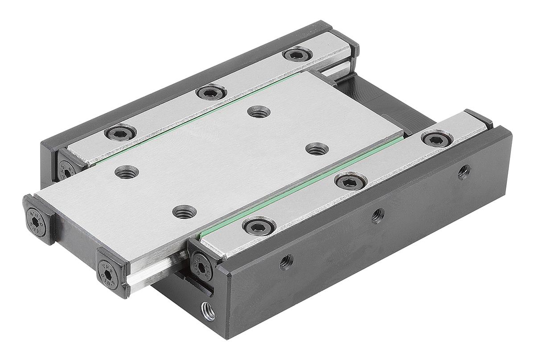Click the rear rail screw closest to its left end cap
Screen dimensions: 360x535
coord(120,132)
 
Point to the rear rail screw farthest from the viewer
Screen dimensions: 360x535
coord(296,55)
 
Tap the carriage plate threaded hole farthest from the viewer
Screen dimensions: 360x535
coord(257,111)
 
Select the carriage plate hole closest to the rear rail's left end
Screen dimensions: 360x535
coord(127,171)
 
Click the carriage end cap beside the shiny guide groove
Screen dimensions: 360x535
coord(109,270)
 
